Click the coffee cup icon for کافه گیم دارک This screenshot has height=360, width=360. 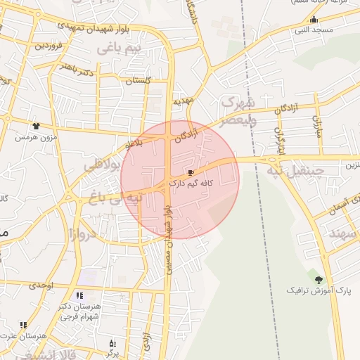[x=191, y=172]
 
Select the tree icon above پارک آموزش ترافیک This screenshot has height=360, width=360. [x=319, y=280]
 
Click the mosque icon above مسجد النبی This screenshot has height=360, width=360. [x=313, y=20]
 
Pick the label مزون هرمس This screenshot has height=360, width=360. [x=35, y=136]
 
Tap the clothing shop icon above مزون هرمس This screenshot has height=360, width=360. [x=36, y=127]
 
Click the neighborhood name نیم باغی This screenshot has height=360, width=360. [x=119, y=48]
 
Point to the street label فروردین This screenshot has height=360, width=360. [x=51, y=45]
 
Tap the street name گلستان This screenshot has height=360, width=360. [x=138, y=81]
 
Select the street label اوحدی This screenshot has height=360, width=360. [x=41, y=285]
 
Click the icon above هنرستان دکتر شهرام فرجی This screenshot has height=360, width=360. [x=79, y=295]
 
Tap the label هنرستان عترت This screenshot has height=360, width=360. [x=17, y=335]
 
